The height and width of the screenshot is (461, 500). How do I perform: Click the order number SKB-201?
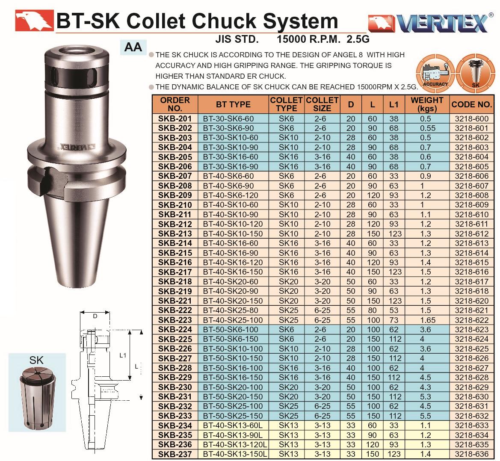coord(175,118)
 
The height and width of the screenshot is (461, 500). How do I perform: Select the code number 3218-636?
coord(471,454)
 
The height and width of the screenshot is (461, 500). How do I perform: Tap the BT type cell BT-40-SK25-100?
coord(233,320)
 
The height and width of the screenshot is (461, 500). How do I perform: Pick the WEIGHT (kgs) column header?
coord(427,104)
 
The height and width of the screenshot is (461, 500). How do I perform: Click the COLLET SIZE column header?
coord(322,104)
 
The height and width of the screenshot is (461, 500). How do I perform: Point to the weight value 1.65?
coord(427,320)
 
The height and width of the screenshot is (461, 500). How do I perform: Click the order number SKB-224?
coord(175,329)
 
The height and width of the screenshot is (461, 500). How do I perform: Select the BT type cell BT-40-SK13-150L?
coord(235,454)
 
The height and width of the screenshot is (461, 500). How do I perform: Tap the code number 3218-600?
coord(471,118)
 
